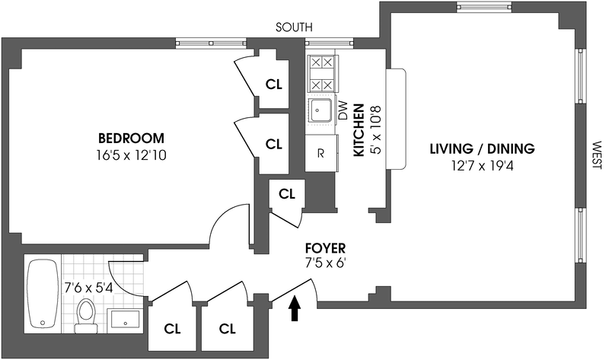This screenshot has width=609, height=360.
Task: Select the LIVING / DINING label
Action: point(482,148)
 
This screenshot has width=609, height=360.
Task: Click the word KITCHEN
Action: point(359,130)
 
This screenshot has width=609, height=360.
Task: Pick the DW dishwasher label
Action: point(342,114)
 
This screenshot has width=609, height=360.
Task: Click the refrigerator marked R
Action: point(321,153)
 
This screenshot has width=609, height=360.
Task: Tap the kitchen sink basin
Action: point(320,111)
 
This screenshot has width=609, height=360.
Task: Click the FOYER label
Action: point(325,248)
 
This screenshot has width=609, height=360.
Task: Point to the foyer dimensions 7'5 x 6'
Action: point(325,264)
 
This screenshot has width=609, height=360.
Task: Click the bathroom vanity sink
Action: point(123,318)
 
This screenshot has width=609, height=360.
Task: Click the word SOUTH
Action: point(293,27)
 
